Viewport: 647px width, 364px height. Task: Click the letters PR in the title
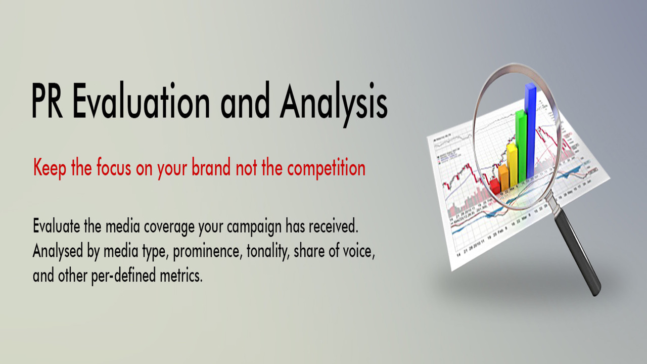pyautogui.click(x=47, y=100)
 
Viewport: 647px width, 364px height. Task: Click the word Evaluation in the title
pyautogui.click(x=141, y=100)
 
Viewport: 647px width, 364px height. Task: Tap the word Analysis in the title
pyautogui.click(x=334, y=104)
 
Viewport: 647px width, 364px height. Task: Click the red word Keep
pyautogui.click(x=50, y=168)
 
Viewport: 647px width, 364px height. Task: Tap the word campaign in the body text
pyautogui.click(x=254, y=227)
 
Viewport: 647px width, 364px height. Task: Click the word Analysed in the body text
pyautogui.click(x=58, y=251)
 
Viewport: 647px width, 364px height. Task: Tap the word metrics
pyautogui.click(x=181, y=275)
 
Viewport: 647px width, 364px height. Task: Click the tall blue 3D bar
pyautogui.click(x=531, y=130)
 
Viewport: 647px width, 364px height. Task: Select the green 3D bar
pyautogui.click(x=521, y=147)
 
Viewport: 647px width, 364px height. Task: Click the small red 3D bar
pyautogui.click(x=495, y=186)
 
